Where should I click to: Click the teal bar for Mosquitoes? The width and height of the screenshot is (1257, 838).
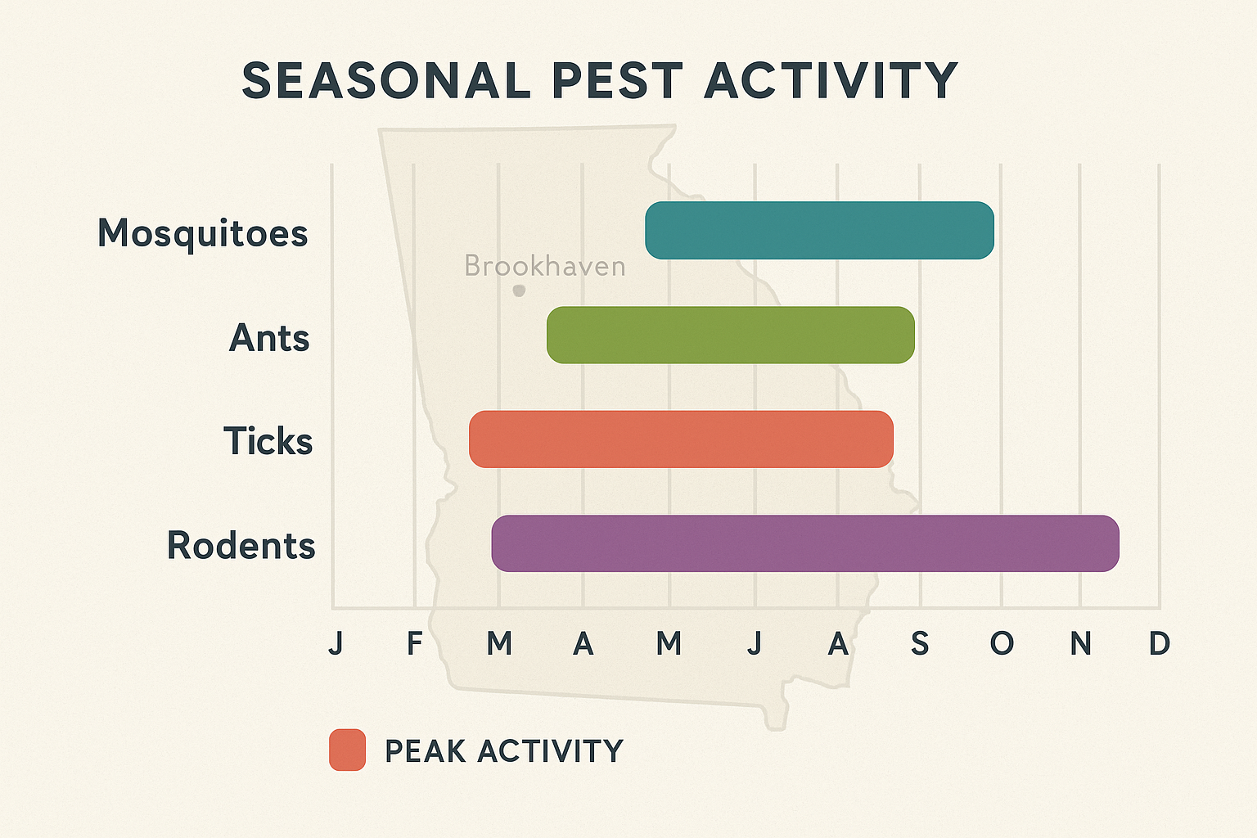pos(819,230)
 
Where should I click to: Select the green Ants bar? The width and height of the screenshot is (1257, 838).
pos(730,335)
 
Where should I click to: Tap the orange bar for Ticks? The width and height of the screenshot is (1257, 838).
pos(681,439)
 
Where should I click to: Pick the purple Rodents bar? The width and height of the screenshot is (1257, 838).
pos(805,543)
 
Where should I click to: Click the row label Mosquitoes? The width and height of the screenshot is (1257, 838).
pos(202,233)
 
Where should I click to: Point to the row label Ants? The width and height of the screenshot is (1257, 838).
pos(269,337)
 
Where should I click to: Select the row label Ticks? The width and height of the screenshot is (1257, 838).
pos(268,441)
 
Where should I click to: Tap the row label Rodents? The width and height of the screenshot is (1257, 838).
pos(241,545)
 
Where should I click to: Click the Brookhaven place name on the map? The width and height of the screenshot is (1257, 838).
pos(544,266)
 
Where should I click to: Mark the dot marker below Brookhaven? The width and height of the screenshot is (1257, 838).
pos(519,291)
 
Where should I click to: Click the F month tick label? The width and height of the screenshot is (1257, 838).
pos(415,644)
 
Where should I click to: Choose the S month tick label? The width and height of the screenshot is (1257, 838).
pos(920,644)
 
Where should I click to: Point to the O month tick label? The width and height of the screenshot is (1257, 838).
pos(1002,644)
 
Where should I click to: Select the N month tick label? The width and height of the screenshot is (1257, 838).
pos(1080,644)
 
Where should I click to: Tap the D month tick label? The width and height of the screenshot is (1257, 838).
pos(1159,644)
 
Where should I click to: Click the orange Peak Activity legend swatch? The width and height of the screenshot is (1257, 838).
pos(347,750)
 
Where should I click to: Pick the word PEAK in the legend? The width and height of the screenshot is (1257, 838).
pos(426,750)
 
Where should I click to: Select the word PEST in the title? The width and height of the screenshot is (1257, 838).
pos(617,80)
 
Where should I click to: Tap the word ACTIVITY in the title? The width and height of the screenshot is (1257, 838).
pos(831,80)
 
